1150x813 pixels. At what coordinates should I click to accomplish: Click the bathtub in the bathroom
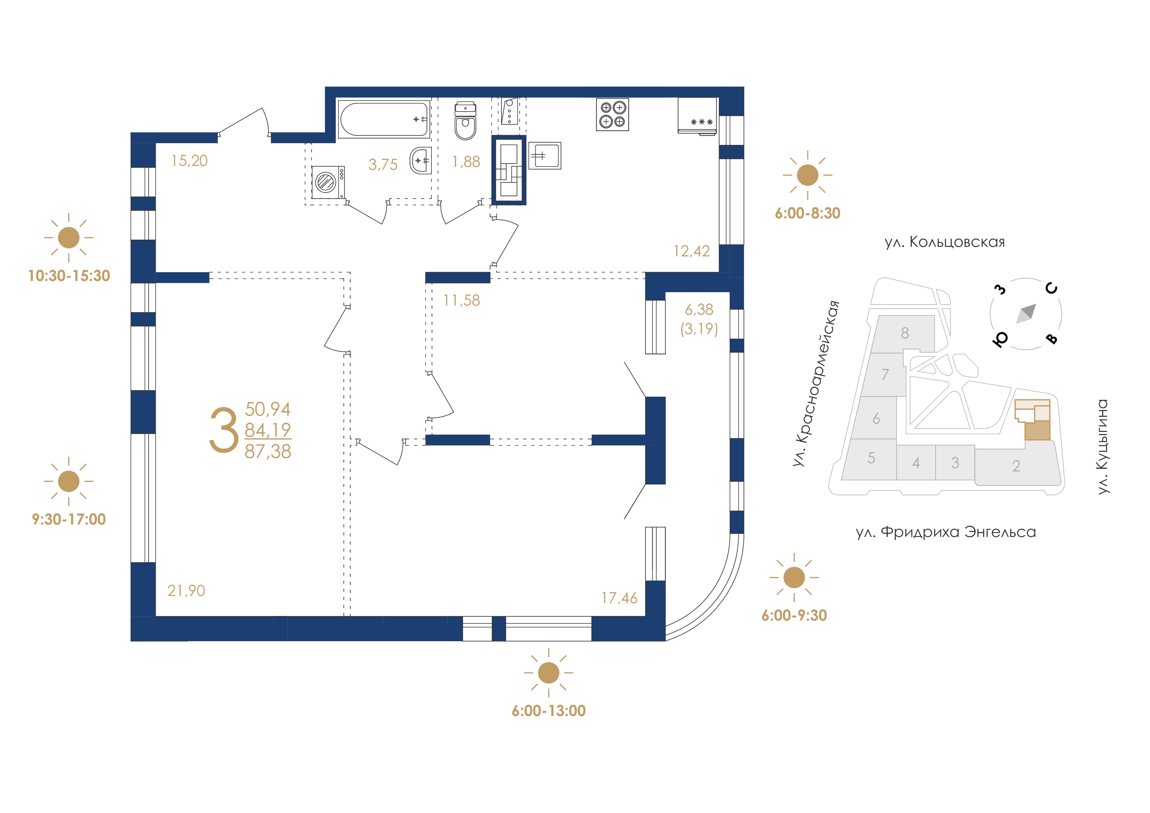point(384,119)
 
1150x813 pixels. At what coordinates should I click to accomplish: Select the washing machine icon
point(327,182)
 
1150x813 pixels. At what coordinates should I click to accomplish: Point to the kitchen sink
point(545,156)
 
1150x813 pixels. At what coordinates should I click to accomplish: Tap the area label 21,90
point(186,591)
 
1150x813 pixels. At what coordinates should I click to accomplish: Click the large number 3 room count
point(223,430)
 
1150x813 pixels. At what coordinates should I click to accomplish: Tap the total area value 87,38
point(268,451)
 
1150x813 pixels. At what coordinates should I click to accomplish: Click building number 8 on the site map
point(904,333)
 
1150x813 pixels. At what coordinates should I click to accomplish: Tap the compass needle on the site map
point(1026,314)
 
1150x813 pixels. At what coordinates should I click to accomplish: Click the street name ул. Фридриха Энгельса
point(946,532)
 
